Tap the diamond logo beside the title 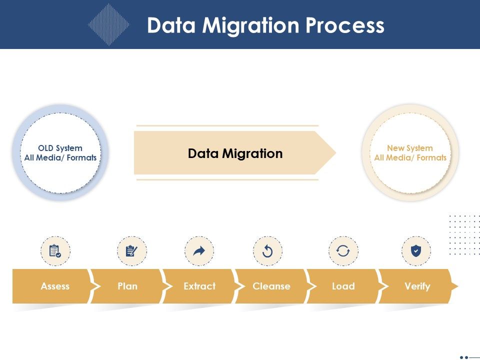click(108, 24)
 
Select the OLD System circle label click(60, 153)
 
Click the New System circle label click(410, 153)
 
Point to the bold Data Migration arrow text click(235, 153)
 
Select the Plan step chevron click(127, 286)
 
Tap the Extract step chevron click(199, 286)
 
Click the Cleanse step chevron click(271, 286)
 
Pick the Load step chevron click(343, 286)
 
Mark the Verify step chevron click(417, 286)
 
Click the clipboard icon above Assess click(55, 251)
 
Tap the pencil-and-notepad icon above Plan click(132, 251)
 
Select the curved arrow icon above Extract click(199, 251)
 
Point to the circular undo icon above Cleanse click(267, 251)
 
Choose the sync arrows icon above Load click(343, 251)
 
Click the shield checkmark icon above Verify click(416, 251)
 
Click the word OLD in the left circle click(46, 148)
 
